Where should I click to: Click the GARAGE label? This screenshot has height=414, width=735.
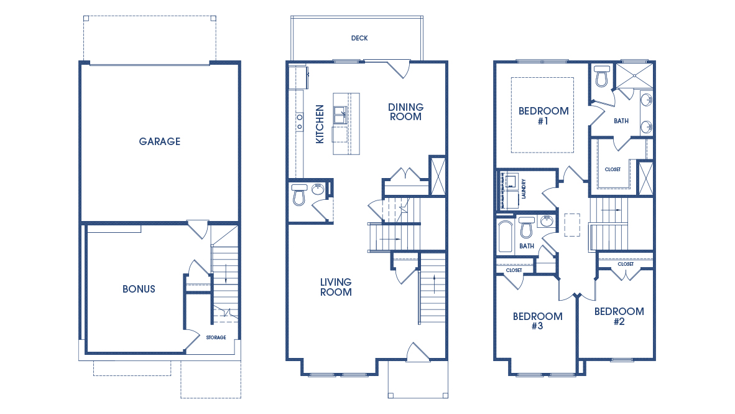pyautogui.click(x=159, y=141)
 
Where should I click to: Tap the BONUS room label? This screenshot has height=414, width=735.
pyautogui.click(x=139, y=289)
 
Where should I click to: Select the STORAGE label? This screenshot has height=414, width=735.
pyautogui.click(x=216, y=337)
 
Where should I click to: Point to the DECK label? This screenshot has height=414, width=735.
pyautogui.click(x=359, y=38)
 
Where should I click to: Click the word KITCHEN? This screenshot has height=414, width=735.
pyautogui.click(x=320, y=124)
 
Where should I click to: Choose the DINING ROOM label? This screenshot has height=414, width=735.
pyautogui.click(x=406, y=112)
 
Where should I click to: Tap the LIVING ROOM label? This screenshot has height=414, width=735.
pyautogui.click(x=336, y=287)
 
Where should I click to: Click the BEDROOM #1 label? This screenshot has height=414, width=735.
pyautogui.click(x=543, y=116)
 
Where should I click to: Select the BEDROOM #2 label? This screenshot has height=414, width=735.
pyautogui.click(x=619, y=316)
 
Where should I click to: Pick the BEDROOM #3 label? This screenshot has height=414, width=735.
pyautogui.click(x=538, y=321)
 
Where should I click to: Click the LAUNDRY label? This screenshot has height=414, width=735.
pyautogui.click(x=524, y=189)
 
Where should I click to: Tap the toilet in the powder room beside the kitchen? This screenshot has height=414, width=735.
pyautogui.click(x=299, y=194)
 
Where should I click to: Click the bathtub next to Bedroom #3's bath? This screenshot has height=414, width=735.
pyautogui.click(x=506, y=237)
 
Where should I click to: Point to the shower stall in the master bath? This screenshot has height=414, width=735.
pyautogui.click(x=634, y=75)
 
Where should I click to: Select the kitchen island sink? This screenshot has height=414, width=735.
pyautogui.click(x=340, y=115)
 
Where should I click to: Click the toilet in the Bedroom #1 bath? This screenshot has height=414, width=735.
pyautogui.click(x=601, y=76)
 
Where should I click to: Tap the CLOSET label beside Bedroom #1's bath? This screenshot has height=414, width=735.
pyautogui.click(x=612, y=169)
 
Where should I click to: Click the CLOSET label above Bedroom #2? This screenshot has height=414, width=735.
pyautogui.click(x=626, y=264)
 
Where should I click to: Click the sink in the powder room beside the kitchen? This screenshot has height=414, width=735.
pyautogui.click(x=318, y=189)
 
